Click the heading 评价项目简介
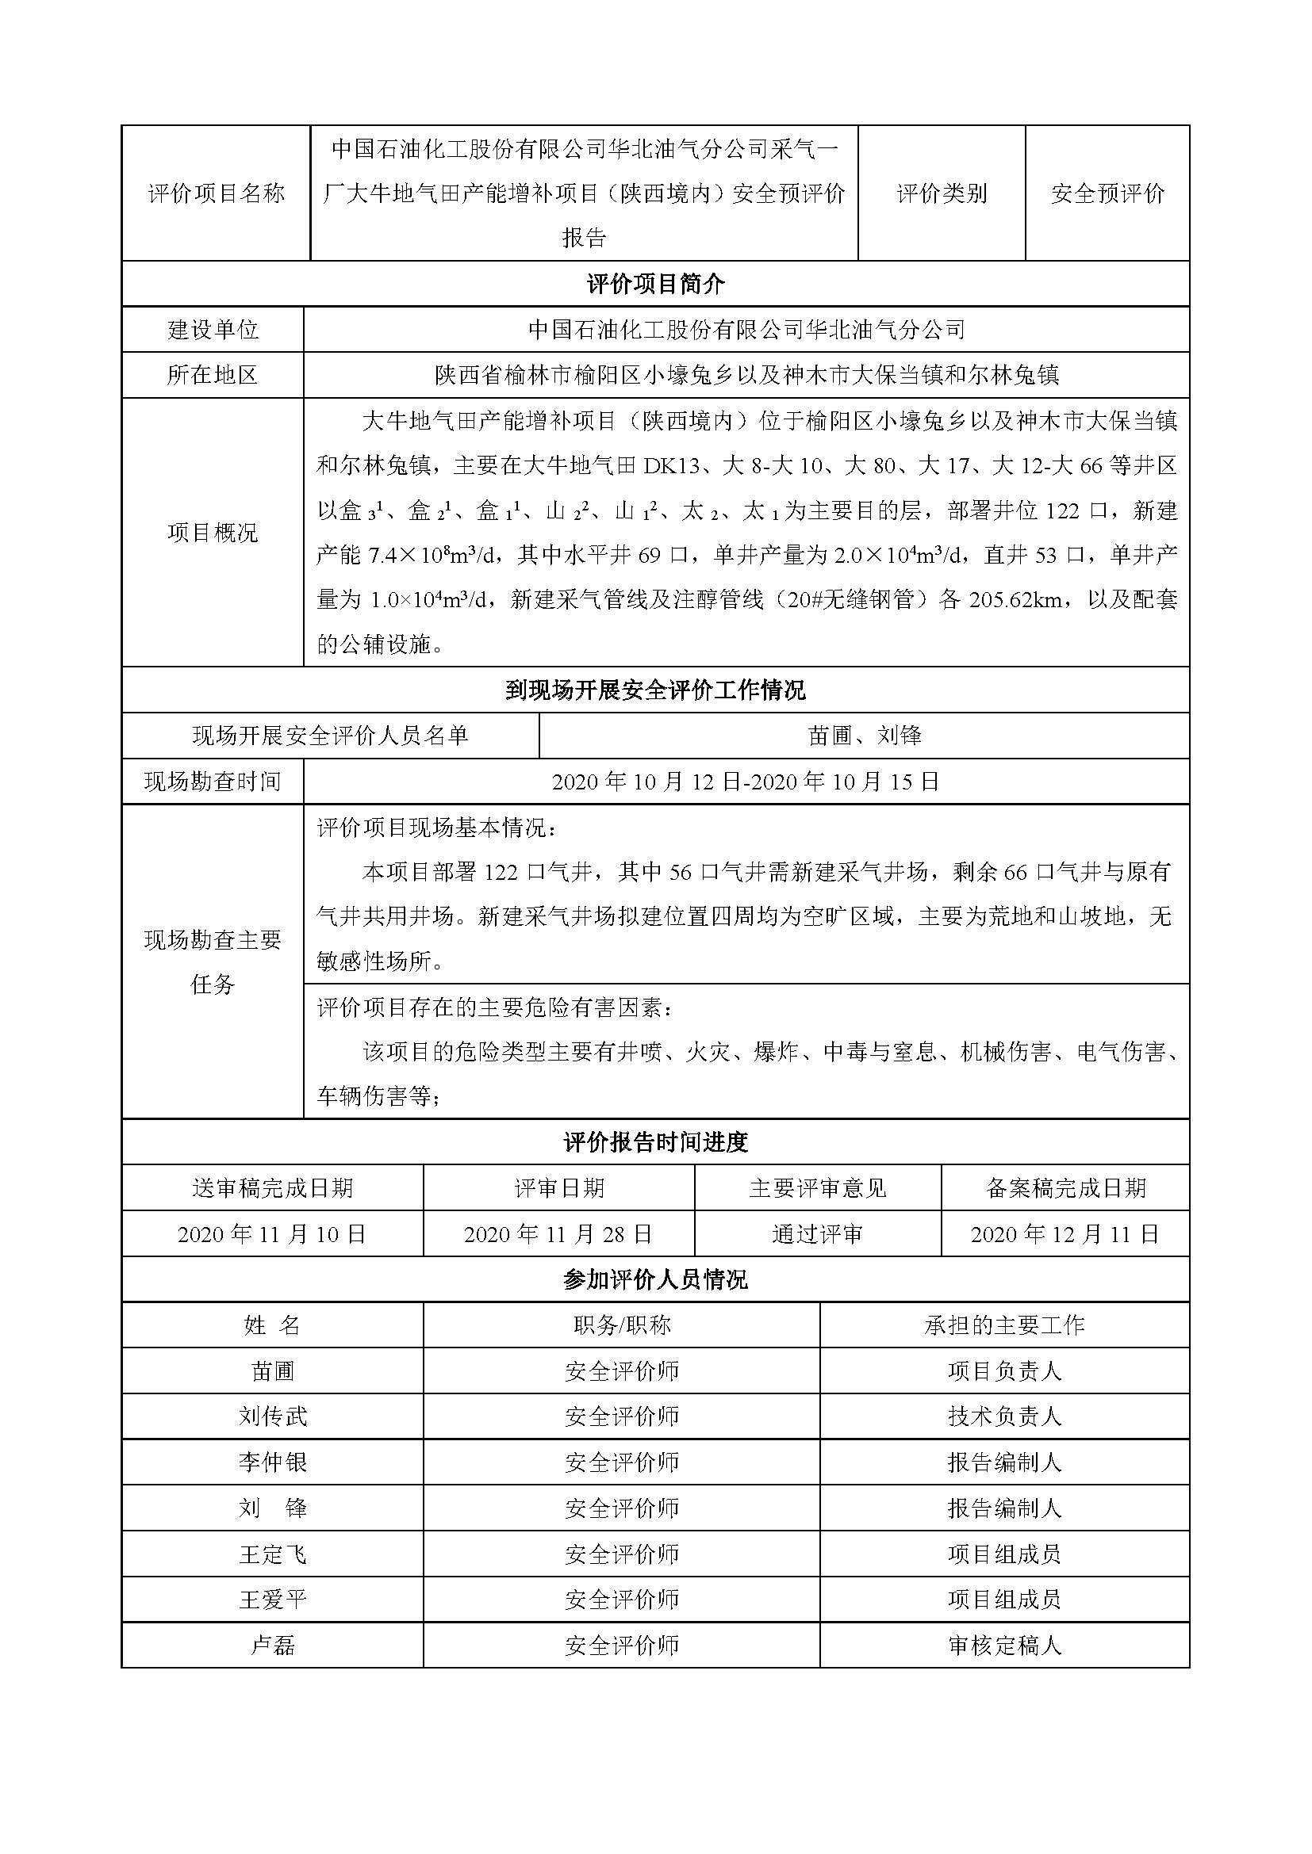point(655,284)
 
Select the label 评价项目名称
point(216,193)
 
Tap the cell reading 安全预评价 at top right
point(1107,193)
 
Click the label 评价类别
point(942,193)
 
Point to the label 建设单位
point(213,330)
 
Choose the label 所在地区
point(213,375)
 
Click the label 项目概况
point(213,532)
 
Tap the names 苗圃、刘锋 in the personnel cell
point(864,736)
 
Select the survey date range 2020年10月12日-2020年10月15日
point(746,782)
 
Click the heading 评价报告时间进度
point(655,1141)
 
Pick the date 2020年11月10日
point(272,1234)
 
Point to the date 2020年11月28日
point(558,1234)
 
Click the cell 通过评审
point(817,1234)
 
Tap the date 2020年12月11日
point(1065,1234)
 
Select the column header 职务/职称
point(621,1325)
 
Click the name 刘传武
point(272,1416)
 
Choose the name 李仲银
point(272,1462)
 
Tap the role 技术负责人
point(1004,1416)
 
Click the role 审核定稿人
point(1004,1646)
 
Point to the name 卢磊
point(272,1646)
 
